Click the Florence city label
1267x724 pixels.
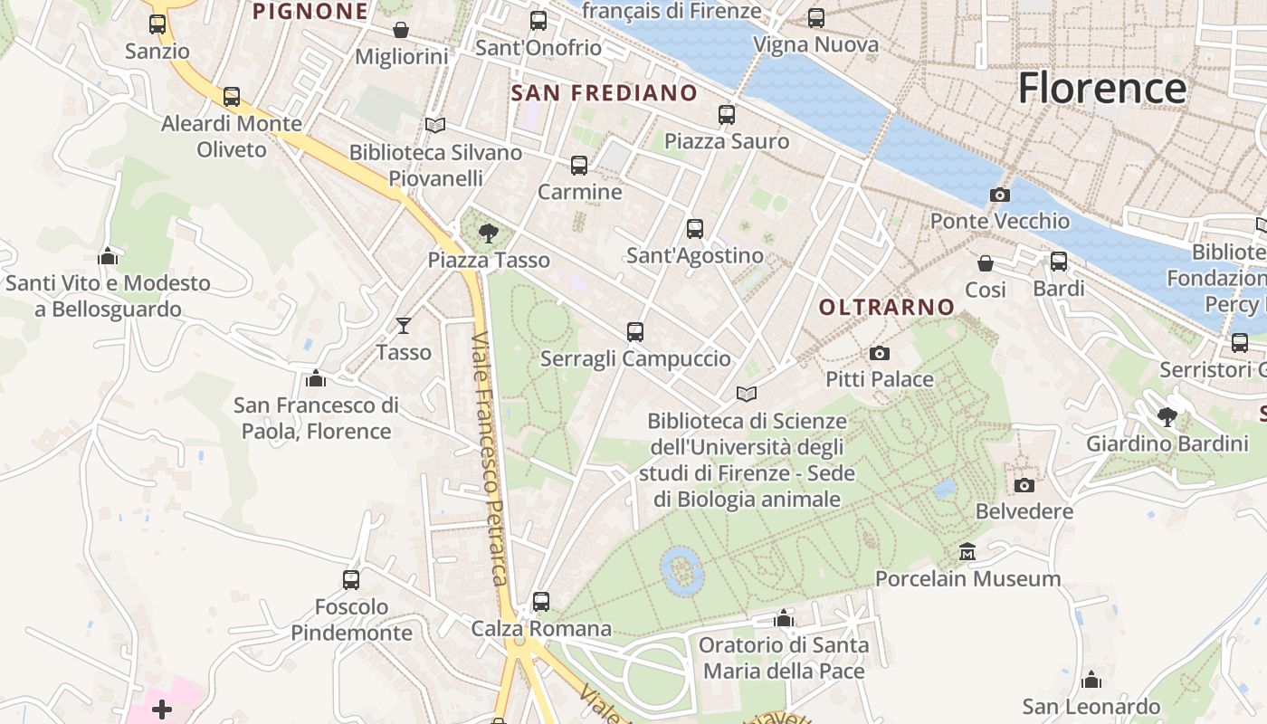click(1101, 89)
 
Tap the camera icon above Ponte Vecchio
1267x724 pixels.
click(1000, 195)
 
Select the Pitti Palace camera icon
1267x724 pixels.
click(879, 354)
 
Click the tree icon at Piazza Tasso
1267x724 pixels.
click(489, 233)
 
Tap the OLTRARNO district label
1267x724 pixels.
click(887, 308)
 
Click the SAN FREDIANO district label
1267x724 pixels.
click(605, 93)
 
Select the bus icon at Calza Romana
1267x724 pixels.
click(541, 601)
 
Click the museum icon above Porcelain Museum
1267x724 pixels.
click(967, 552)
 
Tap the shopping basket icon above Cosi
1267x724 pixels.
click(986, 263)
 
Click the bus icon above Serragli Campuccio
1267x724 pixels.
click(635, 332)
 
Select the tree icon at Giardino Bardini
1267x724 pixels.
click(1167, 417)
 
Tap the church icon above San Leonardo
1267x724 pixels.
click(1091, 680)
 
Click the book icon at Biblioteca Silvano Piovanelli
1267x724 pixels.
click(435, 125)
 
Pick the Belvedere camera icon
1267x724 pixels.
click(1024, 485)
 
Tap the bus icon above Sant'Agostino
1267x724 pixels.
click(695, 229)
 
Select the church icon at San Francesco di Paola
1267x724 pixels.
click(315, 378)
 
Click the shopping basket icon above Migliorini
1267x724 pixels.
click(401, 30)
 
